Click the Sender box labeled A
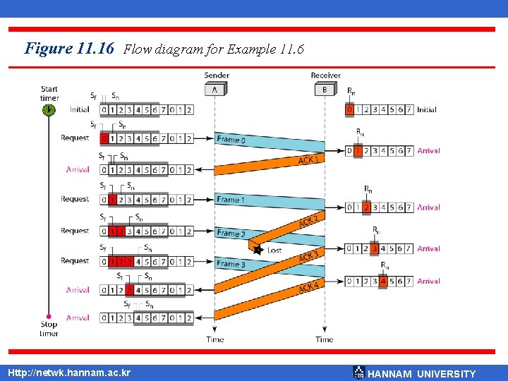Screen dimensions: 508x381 (215, 90)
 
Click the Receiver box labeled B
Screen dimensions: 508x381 (325, 90)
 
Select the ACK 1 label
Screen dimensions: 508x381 (308, 160)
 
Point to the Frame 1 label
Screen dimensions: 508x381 (231, 200)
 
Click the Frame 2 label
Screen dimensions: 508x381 (231, 234)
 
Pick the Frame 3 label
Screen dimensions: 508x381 (231, 264)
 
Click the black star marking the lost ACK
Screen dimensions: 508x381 (258, 249)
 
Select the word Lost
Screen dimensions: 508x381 (274, 250)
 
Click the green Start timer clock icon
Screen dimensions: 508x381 (49, 110)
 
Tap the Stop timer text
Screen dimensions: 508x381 (49, 329)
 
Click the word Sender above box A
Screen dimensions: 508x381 (216, 75)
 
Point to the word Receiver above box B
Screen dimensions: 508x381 (325, 75)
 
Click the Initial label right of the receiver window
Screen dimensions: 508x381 (426, 109)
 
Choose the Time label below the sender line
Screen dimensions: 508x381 (215, 339)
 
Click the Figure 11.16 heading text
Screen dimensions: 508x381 (68, 49)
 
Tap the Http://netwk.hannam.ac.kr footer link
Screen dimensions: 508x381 (68, 373)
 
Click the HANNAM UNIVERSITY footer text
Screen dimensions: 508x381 (422, 374)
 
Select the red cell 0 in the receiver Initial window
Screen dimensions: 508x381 (349, 109)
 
